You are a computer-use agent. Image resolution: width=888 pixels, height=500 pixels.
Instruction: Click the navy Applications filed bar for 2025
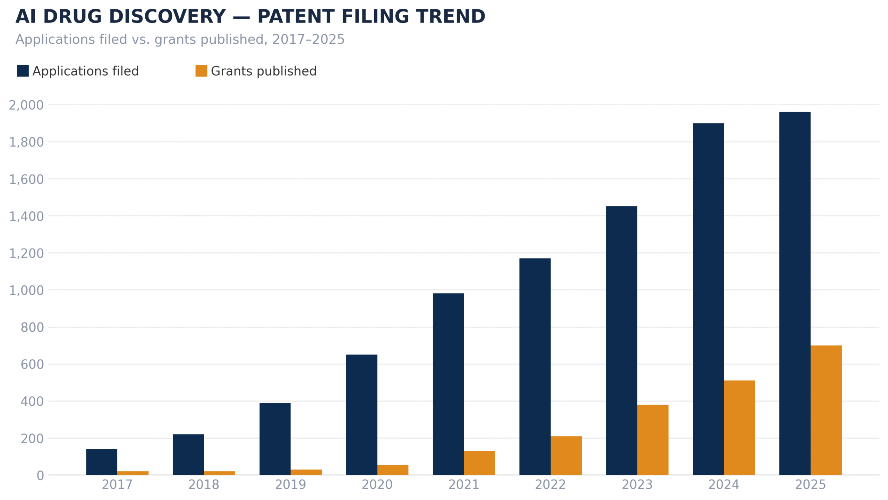click(794, 293)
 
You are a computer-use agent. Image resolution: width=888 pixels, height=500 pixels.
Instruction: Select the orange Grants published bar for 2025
click(826, 410)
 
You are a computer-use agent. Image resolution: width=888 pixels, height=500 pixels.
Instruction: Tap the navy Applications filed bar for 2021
click(448, 384)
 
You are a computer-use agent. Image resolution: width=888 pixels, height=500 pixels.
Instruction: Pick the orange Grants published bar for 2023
click(652, 440)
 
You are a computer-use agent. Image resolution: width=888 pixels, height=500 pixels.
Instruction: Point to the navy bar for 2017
click(102, 462)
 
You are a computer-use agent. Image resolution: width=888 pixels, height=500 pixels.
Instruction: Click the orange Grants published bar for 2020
click(393, 470)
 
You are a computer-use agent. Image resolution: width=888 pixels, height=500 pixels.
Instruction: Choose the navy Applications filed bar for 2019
click(275, 439)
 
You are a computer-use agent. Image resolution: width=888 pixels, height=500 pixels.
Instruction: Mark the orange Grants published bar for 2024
click(739, 428)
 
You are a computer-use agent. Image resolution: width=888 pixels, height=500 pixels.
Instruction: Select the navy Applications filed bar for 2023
click(622, 340)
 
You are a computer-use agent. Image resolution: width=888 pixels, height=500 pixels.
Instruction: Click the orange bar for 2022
click(566, 455)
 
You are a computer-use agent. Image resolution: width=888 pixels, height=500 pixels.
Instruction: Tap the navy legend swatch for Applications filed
click(23, 71)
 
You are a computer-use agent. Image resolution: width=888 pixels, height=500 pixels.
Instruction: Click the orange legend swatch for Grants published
click(201, 71)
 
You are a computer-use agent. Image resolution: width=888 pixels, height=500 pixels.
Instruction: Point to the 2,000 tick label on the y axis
click(26, 105)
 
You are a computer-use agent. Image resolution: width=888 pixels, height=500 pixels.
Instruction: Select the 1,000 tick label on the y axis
click(26, 290)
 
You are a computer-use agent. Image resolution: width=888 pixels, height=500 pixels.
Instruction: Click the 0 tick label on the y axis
click(40, 475)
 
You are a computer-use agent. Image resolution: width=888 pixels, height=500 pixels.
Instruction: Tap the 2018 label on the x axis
click(204, 485)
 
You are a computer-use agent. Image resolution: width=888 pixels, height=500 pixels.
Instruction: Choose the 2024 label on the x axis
click(724, 485)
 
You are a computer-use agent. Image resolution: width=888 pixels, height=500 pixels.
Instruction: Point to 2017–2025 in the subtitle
click(308, 40)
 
